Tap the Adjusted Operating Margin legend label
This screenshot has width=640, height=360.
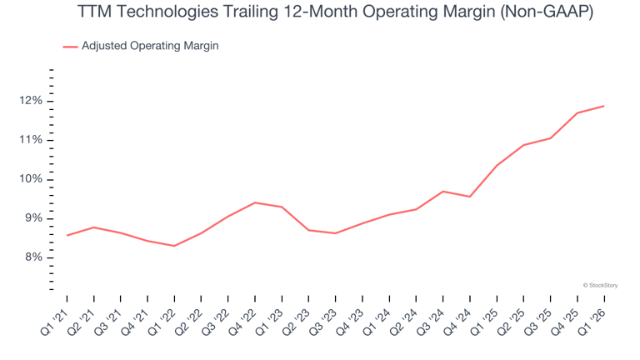pyautogui.click(x=150, y=46)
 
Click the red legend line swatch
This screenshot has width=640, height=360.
pyautogui.click(x=70, y=47)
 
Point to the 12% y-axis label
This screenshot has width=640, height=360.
pyautogui.click(x=31, y=101)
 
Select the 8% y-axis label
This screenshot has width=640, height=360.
pyautogui.click(x=33, y=257)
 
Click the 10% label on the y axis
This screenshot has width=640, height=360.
pyautogui.click(x=31, y=179)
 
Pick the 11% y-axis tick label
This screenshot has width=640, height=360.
pyautogui.click(x=31, y=140)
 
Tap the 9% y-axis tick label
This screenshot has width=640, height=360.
pyautogui.click(x=33, y=218)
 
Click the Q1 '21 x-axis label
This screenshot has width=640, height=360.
pyautogui.click(x=55, y=322)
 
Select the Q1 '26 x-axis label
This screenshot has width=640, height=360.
pyautogui.click(x=592, y=322)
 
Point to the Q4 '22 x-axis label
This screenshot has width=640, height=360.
pyautogui.click(x=242, y=322)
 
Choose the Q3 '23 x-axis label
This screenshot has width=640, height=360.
pyautogui.click(x=323, y=322)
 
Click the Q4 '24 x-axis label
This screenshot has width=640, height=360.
pyautogui.click(x=457, y=322)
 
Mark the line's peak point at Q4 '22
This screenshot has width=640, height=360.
pyautogui.click(x=255, y=202)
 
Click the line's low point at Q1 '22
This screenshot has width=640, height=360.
pyautogui.click(x=174, y=246)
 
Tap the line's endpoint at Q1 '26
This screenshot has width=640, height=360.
pyautogui.click(x=603, y=106)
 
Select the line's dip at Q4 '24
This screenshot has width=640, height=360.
pyautogui.click(x=470, y=197)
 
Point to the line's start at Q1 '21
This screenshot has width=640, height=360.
pyautogui.click(x=67, y=235)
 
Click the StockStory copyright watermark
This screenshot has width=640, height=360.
pyautogui.click(x=600, y=285)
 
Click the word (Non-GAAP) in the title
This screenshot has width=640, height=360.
pyautogui.click(x=547, y=12)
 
